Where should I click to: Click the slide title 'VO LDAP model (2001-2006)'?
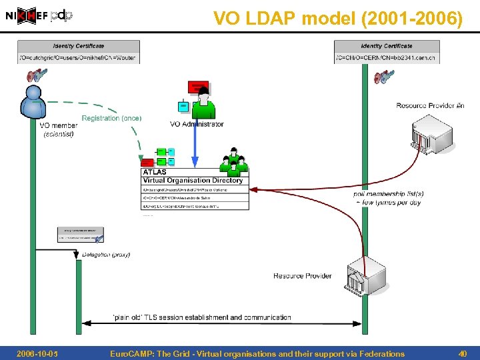click(337, 19)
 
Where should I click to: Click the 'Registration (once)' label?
click(111, 119)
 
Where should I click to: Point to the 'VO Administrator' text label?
click(197, 124)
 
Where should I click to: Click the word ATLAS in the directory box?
click(155, 173)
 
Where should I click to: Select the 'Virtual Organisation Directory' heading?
click(193, 181)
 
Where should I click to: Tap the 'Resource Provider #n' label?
click(430, 105)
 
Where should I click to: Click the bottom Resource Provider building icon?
click(365, 275)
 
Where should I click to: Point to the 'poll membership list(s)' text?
click(389, 194)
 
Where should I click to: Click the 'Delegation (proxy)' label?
click(106, 255)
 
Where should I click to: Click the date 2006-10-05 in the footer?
click(37, 354)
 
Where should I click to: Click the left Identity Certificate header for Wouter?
click(79, 46)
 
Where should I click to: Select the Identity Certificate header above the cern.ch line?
click(387, 46)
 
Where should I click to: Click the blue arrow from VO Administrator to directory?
click(195, 143)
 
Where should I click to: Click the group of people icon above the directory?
click(234, 161)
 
